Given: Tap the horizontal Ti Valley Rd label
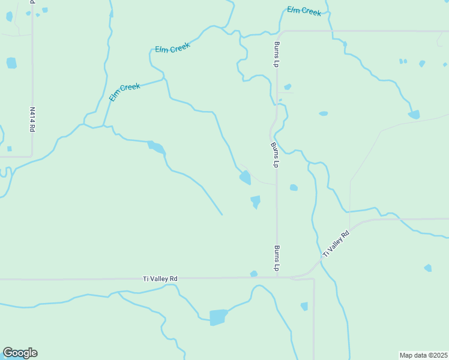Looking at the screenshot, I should (160, 278).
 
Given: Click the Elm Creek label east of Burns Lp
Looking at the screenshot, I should (304, 11).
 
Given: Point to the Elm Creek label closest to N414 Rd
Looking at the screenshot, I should (124, 91).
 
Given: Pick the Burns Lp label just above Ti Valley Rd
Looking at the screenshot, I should (277, 257).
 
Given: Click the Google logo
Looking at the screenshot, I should (20, 353).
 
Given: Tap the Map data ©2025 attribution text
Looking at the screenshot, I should (423, 355).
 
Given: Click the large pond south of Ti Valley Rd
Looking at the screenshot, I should (218, 317).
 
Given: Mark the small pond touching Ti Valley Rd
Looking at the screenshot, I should (254, 274).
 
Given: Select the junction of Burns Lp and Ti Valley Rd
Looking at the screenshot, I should (277, 277).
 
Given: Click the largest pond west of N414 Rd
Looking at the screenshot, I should (11, 62).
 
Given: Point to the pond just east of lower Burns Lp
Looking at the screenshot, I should (294, 188).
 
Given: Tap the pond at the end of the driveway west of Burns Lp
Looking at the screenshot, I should (245, 177).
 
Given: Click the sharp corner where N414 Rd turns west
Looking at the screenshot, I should (32, 157).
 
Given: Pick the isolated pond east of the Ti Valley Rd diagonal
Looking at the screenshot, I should (427, 268).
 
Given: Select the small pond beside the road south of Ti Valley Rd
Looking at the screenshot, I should (304, 306).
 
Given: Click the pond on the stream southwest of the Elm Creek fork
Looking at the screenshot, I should (155, 147).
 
